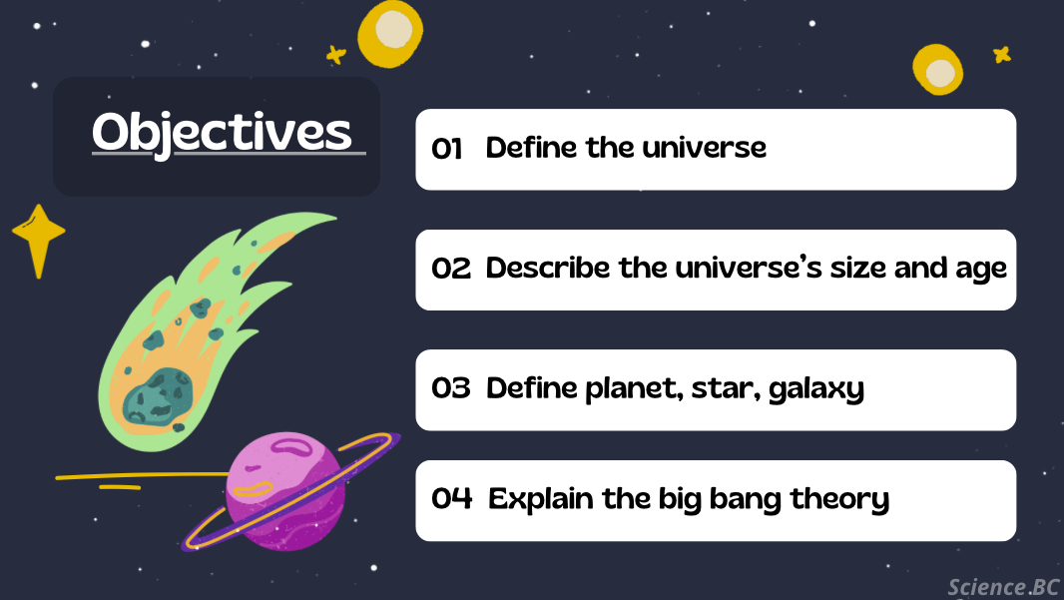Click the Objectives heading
pyautogui.click(x=222, y=133)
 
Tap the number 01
pyautogui.click(x=446, y=149)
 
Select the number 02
pyautogui.click(x=450, y=269)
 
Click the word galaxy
pyautogui.click(x=816, y=390)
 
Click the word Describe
pyautogui.click(x=548, y=268)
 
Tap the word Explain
pyautogui.click(x=541, y=500)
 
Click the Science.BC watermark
pyautogui.click(x=1003, y=587)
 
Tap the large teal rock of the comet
pyautogui.click(x=158, y=396)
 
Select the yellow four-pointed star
pyautogui.click(x=39, y=241)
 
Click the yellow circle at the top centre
pyautogui.click(x=390, y=33)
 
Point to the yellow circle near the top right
pyautogui.click(x=938, y=70)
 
